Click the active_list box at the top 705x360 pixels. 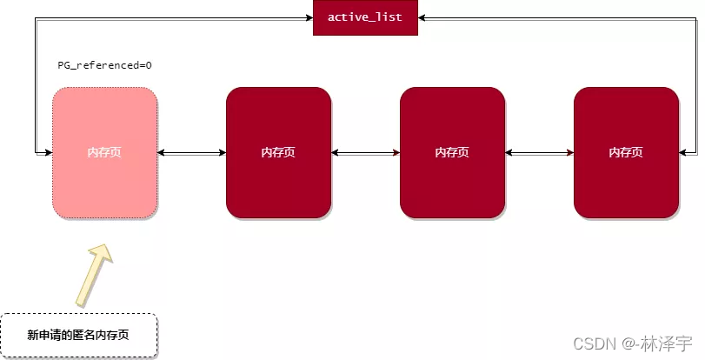[x=365, y=17]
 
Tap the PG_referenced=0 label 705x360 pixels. [x=105, y=65]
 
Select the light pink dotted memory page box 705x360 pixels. [x=104, y=152]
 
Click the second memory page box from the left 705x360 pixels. [x=278, y=152]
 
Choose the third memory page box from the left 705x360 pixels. [x=452, y=152]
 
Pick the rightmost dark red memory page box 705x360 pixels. [x=626, y=152]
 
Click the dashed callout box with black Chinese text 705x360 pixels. [x=78, y=335]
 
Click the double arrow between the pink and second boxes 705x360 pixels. [x=191, y=153]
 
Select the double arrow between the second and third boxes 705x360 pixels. [x=365, y=153]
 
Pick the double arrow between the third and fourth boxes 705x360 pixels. [x=539, y=153]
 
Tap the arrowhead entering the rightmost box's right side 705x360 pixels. [x=683, y=153]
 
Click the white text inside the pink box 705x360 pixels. [x=104, y=152]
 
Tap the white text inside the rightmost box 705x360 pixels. [x=626, y=152]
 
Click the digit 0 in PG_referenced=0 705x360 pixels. [x=150, y=65]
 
